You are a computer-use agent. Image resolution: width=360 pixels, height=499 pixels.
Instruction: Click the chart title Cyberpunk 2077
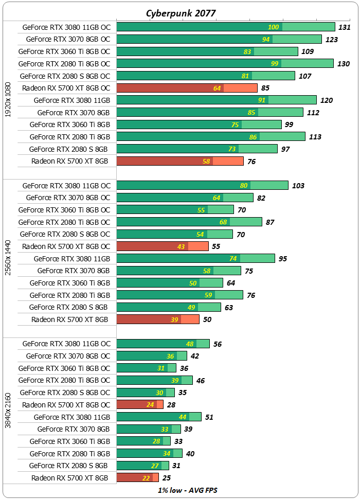pos(181,13)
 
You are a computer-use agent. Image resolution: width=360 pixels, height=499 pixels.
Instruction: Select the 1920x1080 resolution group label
pos(7,100)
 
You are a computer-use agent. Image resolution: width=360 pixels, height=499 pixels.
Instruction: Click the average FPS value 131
pos(344,27)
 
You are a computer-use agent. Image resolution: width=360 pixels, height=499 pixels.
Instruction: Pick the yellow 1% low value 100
pos(274,27)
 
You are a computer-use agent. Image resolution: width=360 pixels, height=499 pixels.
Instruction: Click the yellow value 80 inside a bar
pos(244,186)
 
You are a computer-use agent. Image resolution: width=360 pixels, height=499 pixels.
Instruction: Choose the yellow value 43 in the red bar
pos(181,246)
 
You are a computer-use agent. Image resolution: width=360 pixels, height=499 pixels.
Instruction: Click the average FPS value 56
pos(218,344)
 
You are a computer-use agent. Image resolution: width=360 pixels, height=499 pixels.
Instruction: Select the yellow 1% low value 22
pos(146,478)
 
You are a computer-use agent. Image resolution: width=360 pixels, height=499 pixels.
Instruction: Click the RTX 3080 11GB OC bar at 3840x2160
pos(163,344)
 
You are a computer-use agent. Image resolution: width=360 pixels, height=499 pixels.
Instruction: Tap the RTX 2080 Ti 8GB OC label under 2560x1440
pos(64,222)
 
